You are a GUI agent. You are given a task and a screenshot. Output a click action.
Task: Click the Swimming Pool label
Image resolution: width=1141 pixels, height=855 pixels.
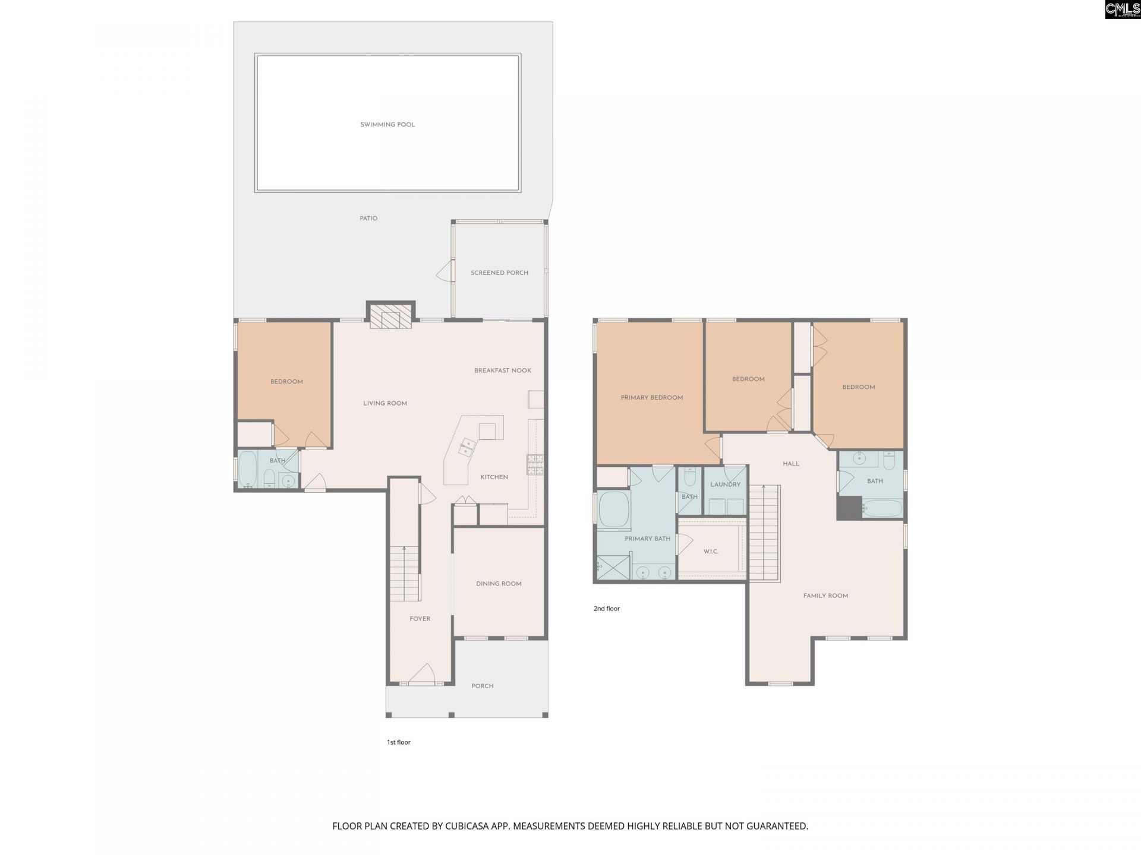point(387,125)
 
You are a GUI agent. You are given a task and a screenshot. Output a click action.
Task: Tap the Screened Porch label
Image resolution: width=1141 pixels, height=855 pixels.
point(499,273)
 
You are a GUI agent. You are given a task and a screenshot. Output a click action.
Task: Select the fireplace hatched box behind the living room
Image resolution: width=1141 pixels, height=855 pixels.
point(390,316)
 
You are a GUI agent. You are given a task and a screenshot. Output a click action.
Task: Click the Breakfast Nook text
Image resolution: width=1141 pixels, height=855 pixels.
point(503,370)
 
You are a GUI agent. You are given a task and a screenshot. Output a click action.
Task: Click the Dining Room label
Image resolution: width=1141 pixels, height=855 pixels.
point(499,584)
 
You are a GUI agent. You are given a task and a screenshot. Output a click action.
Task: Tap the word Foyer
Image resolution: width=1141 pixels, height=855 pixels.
point(420,619)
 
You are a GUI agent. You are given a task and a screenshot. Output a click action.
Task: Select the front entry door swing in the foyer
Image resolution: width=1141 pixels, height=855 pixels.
point(422,674)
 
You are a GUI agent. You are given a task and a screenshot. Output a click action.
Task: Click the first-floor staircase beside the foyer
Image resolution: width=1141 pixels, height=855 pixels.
point(405,574)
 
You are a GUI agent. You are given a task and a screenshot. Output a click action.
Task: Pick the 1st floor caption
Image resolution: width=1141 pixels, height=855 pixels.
point(399,742)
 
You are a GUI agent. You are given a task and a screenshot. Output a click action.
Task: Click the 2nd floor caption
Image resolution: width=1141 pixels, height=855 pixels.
point(607,609)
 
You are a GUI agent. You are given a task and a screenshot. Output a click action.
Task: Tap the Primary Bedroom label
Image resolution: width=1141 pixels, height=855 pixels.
point(652,398)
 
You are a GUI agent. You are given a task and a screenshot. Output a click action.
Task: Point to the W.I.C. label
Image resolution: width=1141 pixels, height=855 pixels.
point(711,552)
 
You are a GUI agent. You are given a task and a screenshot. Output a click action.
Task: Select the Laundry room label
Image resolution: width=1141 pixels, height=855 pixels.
point(726,484)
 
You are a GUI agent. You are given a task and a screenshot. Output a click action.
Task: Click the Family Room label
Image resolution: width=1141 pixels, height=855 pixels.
point(825,596)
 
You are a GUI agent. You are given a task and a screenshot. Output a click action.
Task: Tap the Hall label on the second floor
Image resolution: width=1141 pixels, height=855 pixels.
point(791,464)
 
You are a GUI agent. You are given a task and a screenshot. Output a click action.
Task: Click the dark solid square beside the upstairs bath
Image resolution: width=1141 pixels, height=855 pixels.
point(849,508)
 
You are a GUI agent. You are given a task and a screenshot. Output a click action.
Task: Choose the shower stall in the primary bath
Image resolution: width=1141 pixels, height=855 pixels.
point(613,568)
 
